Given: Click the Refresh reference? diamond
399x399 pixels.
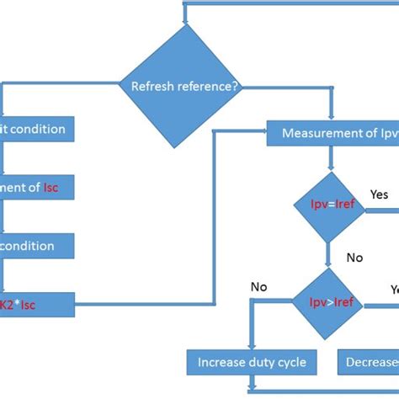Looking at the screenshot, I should pos(184,84).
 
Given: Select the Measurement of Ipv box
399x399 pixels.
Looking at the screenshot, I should pos(332,133).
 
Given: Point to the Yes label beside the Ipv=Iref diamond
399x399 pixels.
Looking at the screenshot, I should pos(380,194).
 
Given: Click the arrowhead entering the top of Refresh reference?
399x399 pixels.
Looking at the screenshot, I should pos(184,21).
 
